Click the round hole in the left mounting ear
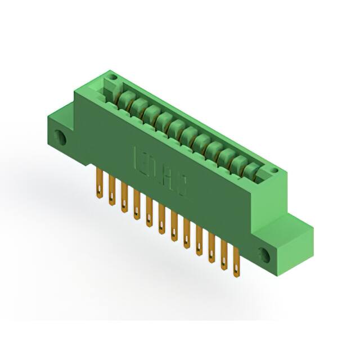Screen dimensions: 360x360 coord(58,137)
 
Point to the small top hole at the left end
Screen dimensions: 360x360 coord(112,77)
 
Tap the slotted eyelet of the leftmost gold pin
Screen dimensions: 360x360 coord(100,192)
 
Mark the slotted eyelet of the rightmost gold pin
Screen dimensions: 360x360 coord(236,269)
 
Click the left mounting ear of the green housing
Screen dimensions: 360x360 coord(60,132)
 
